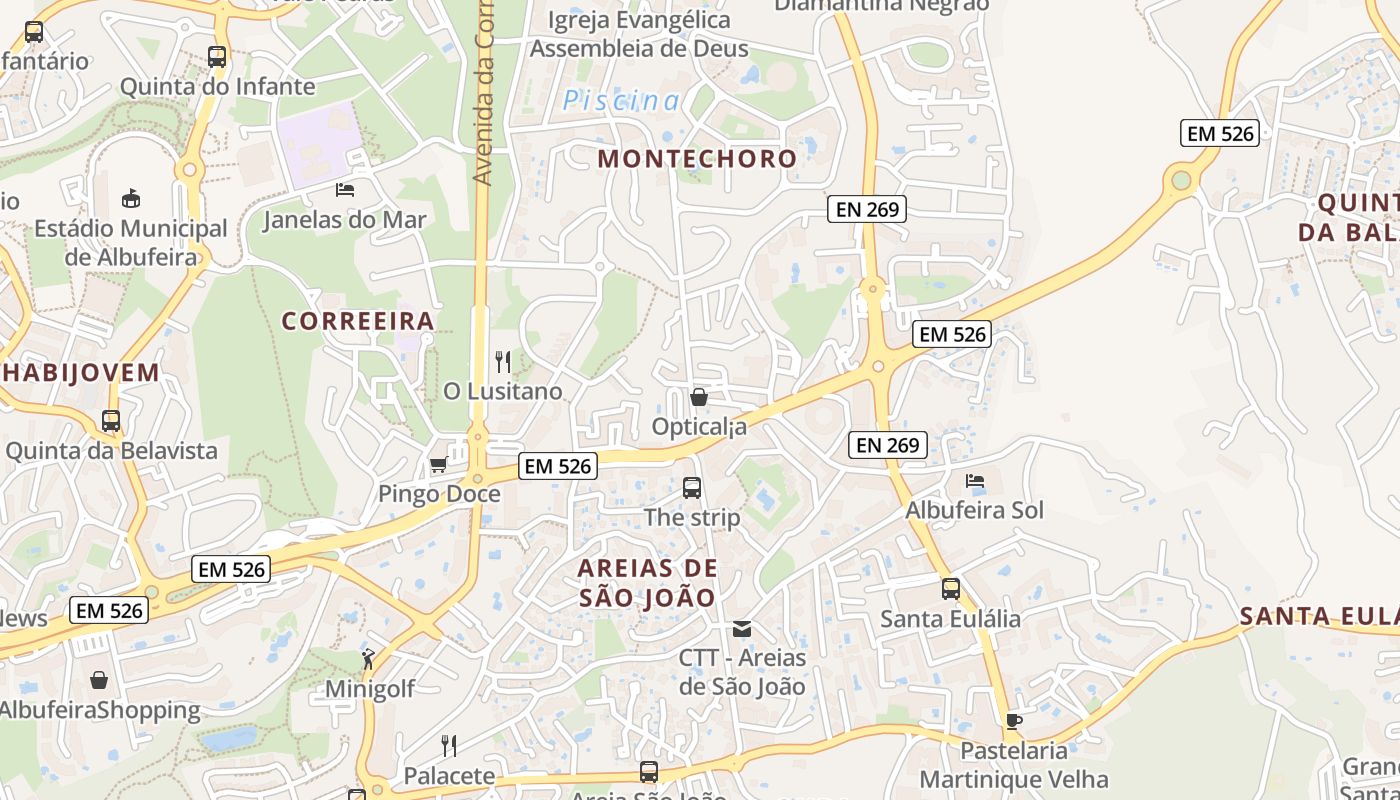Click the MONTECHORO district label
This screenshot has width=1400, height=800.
697,158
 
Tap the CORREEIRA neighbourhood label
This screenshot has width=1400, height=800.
358,321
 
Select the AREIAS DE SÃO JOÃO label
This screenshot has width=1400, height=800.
647,583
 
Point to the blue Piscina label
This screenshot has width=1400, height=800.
621,101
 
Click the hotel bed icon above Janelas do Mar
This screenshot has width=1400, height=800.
345,189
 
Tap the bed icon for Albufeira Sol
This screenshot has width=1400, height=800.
975,481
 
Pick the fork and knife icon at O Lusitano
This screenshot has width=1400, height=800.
503,361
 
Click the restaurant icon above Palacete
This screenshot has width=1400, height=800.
449,745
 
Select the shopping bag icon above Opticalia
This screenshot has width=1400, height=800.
699,397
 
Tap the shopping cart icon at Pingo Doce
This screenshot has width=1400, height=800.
438,465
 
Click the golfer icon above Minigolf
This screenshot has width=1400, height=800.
369,659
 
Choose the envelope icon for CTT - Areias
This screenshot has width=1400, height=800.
742,629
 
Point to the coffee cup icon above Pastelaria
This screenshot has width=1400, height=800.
1013,721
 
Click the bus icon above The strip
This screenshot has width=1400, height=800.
692,488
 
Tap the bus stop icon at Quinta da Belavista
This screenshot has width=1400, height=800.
111,421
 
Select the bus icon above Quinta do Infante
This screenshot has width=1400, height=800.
217,57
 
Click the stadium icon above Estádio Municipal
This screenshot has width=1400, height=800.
131,198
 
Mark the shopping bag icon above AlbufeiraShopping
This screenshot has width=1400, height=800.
99,681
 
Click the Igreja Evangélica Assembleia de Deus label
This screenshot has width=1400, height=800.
639,34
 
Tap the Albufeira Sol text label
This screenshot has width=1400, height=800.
974,510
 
